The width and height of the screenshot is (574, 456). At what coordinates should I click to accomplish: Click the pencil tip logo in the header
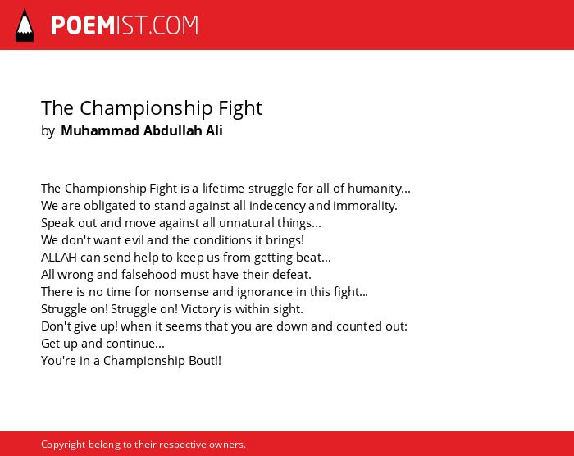(x=25, y=25)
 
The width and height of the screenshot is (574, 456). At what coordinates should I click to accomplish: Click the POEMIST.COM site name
(x=125, y=25)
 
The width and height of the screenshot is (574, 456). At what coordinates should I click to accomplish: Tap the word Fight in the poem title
(x=240, y=109)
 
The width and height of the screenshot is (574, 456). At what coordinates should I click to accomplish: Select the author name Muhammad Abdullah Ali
(x=142, y=130)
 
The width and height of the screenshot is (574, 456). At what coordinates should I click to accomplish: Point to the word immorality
(x=364, y=206)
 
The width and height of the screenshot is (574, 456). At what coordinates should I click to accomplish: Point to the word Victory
(x=202, y=309)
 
